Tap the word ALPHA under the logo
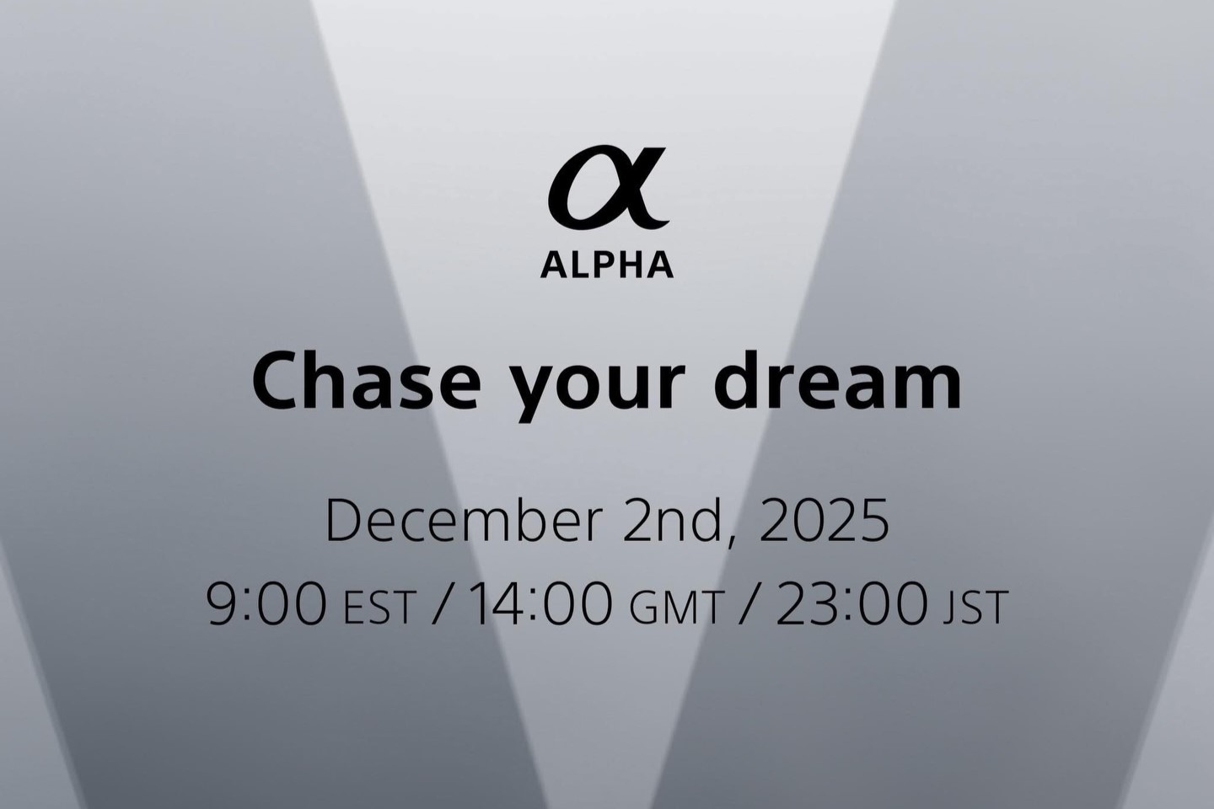pos(607,265)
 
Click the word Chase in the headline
pos(367,380)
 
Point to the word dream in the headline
pos(837,380)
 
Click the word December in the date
pos(464,522)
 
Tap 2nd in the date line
pos(673,522)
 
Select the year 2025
pos(825,522)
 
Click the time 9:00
pos(267,603)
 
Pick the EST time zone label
pos(380,608)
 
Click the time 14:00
pos(540,603)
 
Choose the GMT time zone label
pos(676,608)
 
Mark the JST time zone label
pos(975,608)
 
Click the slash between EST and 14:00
pos(443,605)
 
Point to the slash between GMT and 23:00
pos(749,605)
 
